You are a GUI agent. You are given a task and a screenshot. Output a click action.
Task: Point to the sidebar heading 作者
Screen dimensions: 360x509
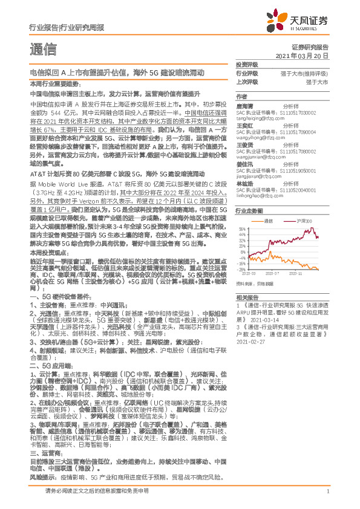click(x=241, y=97)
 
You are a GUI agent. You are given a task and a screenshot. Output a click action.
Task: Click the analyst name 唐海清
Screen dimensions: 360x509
click(x=245, y=105)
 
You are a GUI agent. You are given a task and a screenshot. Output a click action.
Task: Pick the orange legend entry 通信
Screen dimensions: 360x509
click(x=270, y=221)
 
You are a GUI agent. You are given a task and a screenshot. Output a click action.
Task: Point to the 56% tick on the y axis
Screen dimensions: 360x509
click(x=241, y=229)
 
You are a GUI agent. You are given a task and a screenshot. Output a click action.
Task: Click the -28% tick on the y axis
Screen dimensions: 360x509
click(x=241, y=270)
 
